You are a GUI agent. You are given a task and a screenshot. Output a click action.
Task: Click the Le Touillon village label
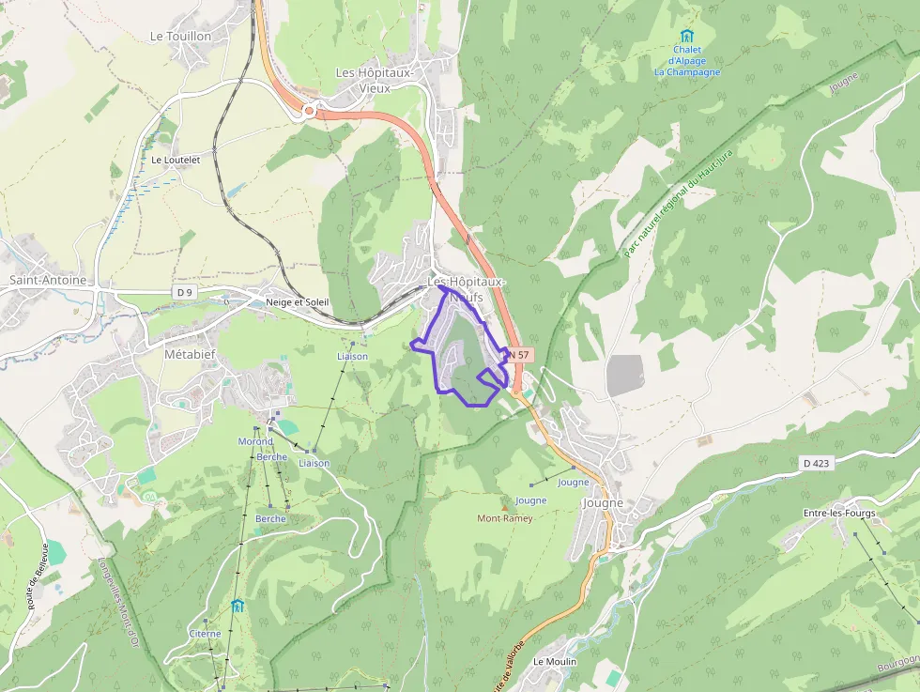[x=180, y=36]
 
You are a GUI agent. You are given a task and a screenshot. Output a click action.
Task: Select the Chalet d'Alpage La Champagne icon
[x=686, y=36]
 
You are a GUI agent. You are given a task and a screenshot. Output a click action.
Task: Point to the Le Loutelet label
[x=176, y=160]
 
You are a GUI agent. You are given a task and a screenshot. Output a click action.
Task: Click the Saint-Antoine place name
[x=48, y=280]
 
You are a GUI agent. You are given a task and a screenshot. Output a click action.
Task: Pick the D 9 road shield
[x=184, y=293]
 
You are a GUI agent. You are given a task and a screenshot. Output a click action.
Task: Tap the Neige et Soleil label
[x=297, y=302]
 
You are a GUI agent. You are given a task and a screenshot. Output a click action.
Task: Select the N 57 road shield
[x=519, y=355]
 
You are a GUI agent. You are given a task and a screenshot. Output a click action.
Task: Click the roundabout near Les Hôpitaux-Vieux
[x=308, y=110]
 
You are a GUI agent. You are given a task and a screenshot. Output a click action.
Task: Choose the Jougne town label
[x=603, y=503]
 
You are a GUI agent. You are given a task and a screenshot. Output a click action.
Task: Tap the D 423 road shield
[x=818, y=463]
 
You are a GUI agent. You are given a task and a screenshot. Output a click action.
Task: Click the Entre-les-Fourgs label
[x=839, y=513]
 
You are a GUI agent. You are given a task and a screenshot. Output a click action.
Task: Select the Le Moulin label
[x=554, y=661]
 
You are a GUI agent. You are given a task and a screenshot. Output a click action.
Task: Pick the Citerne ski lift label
[x=205, y=634]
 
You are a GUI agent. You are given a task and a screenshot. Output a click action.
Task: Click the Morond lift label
[x=255, y=441]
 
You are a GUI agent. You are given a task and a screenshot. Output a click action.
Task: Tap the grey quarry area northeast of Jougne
[x=625, y=376]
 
